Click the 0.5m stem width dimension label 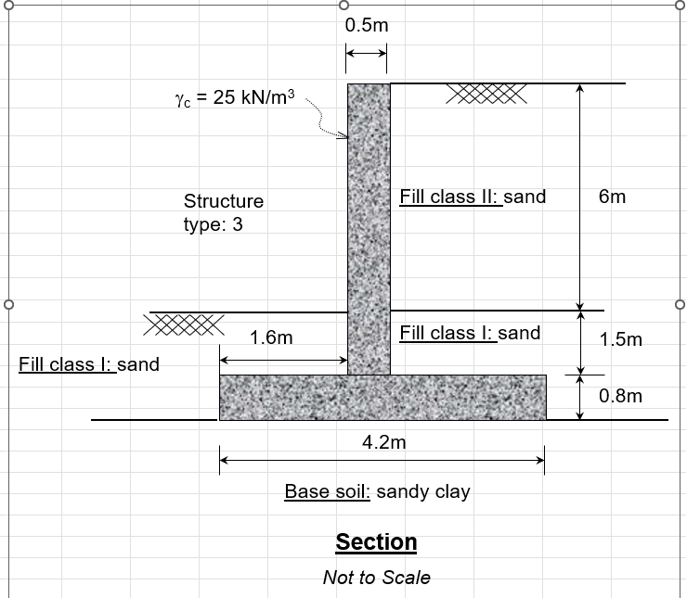[367, 26]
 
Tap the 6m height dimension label [613, 197]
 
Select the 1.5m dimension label [621, 339]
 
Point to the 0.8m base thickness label [621, 396]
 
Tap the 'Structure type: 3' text [223, 212]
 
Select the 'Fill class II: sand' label [473, 197]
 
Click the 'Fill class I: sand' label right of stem [470, 333]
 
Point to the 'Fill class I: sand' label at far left [89, 364]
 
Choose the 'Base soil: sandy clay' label [377, 491]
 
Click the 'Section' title [376, 541]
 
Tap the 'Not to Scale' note [376, 578]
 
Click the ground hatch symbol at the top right [487, 93]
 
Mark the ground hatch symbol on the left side [184, 324]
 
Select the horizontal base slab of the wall [382, 397]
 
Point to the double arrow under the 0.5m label [366, 56]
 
